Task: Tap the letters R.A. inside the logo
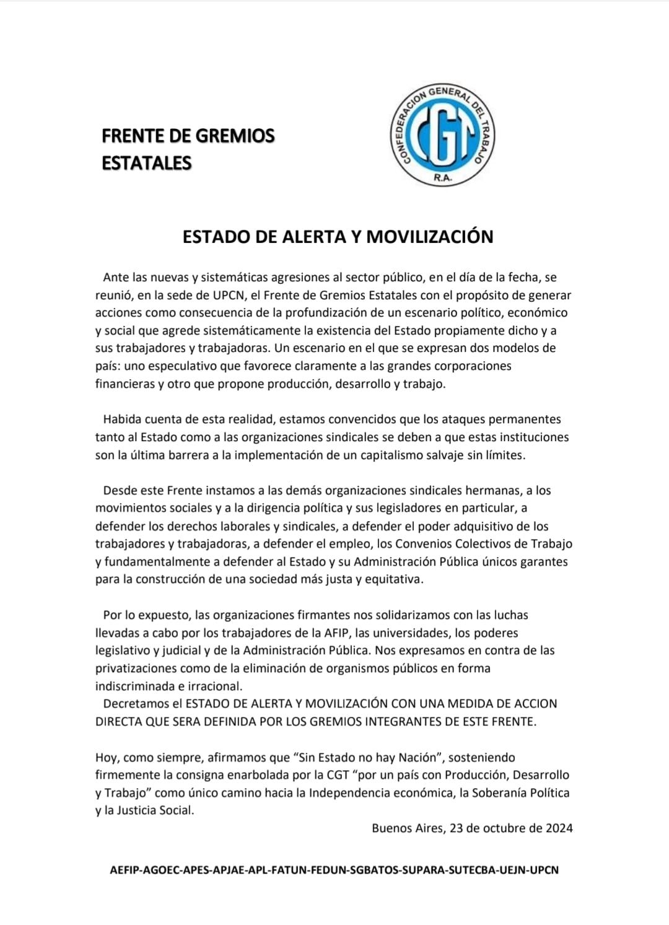coord(444,178)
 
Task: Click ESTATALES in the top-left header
coord(147,163)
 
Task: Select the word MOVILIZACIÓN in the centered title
coord(430,237)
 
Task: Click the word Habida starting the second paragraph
coord(123,419)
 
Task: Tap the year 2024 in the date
coord(559,828)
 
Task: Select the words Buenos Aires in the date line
coord(406,828)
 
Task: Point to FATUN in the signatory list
coord(282,870)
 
